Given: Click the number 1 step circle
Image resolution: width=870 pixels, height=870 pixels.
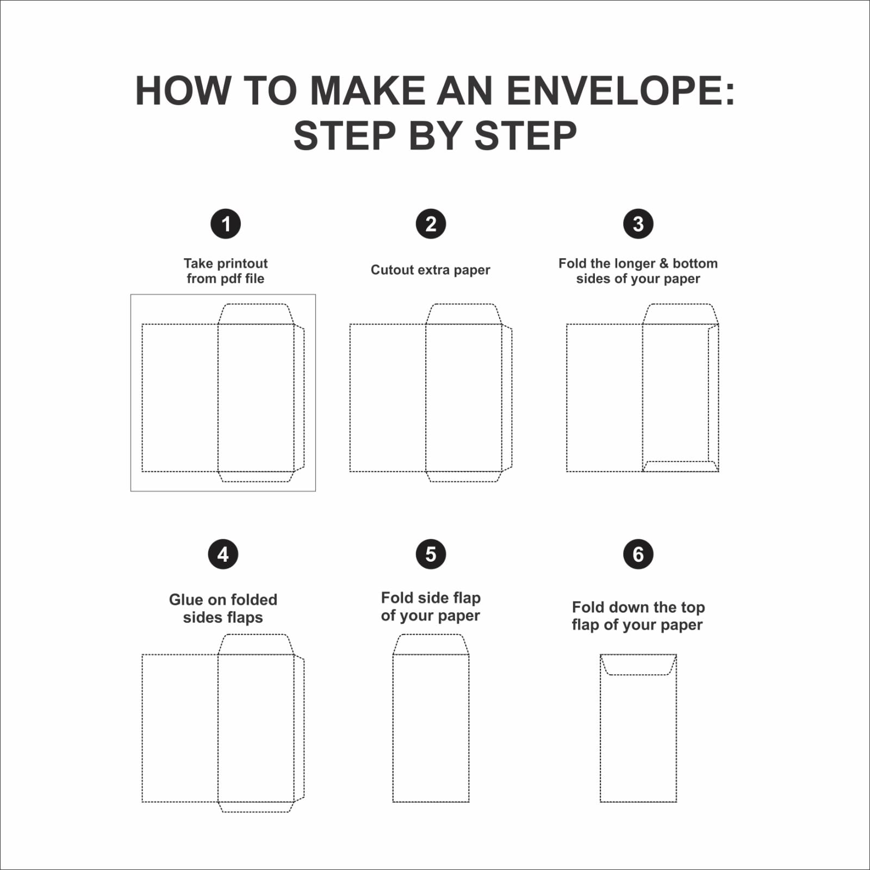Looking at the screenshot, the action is pos(226,223).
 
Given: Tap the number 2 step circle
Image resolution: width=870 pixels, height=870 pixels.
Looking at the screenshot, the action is pos(431,223).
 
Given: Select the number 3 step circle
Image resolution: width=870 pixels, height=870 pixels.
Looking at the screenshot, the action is pos(638,223).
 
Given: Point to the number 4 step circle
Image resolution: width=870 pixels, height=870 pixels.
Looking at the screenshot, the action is pos(223,554).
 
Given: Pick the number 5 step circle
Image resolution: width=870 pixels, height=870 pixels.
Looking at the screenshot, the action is pos(431,554).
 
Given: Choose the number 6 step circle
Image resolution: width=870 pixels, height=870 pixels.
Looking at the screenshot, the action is pos(638,554).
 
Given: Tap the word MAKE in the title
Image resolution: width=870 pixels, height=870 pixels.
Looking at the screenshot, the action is pos(368,90).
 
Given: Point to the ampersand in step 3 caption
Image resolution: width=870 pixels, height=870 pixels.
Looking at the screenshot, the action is pos(664,264).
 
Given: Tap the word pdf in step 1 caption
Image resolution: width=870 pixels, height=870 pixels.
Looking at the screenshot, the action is pos(226,278).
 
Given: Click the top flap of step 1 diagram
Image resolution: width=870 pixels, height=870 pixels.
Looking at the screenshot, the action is pos(256,314).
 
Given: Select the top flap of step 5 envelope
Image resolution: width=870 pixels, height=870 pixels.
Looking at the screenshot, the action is pos(431,644).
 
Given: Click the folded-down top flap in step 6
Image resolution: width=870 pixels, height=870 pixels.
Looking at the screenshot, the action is pos(638,665).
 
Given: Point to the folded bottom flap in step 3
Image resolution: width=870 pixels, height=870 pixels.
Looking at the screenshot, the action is pos(680,467).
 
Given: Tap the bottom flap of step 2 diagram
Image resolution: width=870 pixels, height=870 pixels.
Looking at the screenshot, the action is pos(463,476).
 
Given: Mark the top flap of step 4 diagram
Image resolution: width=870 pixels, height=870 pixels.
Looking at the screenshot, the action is pos(256,644).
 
